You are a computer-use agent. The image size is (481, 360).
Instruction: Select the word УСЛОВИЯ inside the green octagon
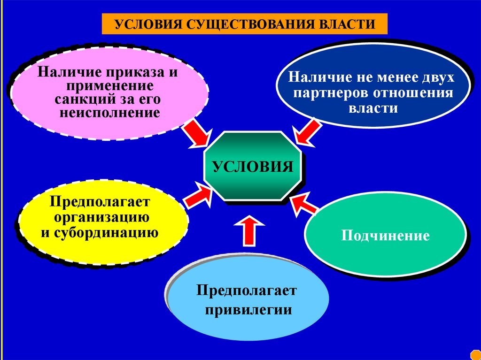coord(253,167)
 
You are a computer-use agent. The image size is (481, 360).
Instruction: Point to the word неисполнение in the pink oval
coord(110,113)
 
